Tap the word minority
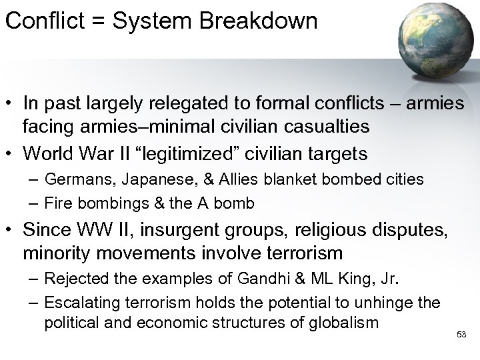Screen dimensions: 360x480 point(53,253)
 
